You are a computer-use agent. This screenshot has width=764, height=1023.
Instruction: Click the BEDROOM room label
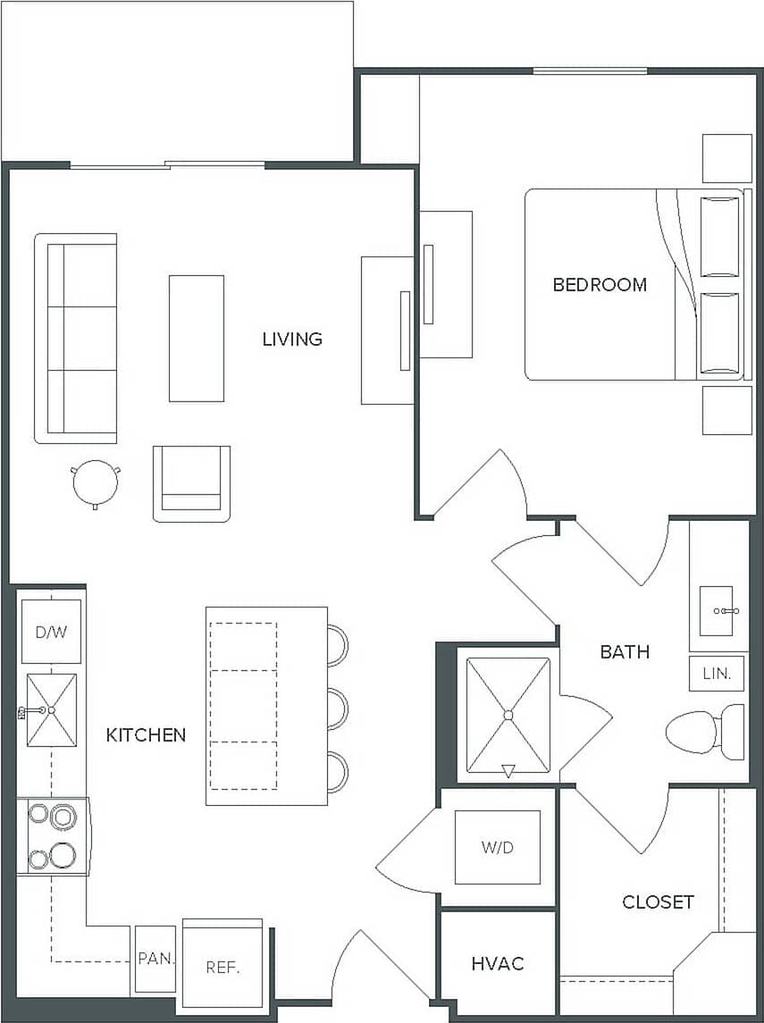point(600,285)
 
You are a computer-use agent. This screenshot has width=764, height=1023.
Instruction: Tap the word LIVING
point(292,340)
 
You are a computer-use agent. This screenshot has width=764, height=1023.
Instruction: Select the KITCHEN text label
point(146,735)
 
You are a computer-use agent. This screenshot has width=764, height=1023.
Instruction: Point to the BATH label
point(625,652)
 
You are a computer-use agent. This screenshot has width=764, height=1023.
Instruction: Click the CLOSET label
point(658,902)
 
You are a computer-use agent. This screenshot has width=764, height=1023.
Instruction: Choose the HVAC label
point(497,964)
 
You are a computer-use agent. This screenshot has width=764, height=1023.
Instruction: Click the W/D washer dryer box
point(498,847)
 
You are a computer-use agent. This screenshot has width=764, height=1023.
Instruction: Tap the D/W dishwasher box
point(51,633)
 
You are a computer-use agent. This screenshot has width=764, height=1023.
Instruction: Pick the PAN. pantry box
point(155,960)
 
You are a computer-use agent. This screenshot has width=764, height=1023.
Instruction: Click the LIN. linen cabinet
point(717,674)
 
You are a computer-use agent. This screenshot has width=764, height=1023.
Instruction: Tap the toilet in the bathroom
point(704,732)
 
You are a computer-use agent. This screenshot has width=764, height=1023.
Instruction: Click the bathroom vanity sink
point(717,611)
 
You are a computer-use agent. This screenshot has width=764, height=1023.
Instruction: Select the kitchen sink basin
point(51,710)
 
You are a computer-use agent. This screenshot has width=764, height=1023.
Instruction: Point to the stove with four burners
point(52,836)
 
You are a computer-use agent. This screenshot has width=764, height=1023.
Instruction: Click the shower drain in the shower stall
point(508,715)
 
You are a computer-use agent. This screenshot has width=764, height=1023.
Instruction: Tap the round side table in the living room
point(95,483)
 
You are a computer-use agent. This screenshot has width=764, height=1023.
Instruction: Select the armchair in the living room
point(191,482)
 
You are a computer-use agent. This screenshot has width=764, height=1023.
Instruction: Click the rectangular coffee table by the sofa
point(197,338)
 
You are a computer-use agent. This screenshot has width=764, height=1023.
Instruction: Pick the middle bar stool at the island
point(338,709)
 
